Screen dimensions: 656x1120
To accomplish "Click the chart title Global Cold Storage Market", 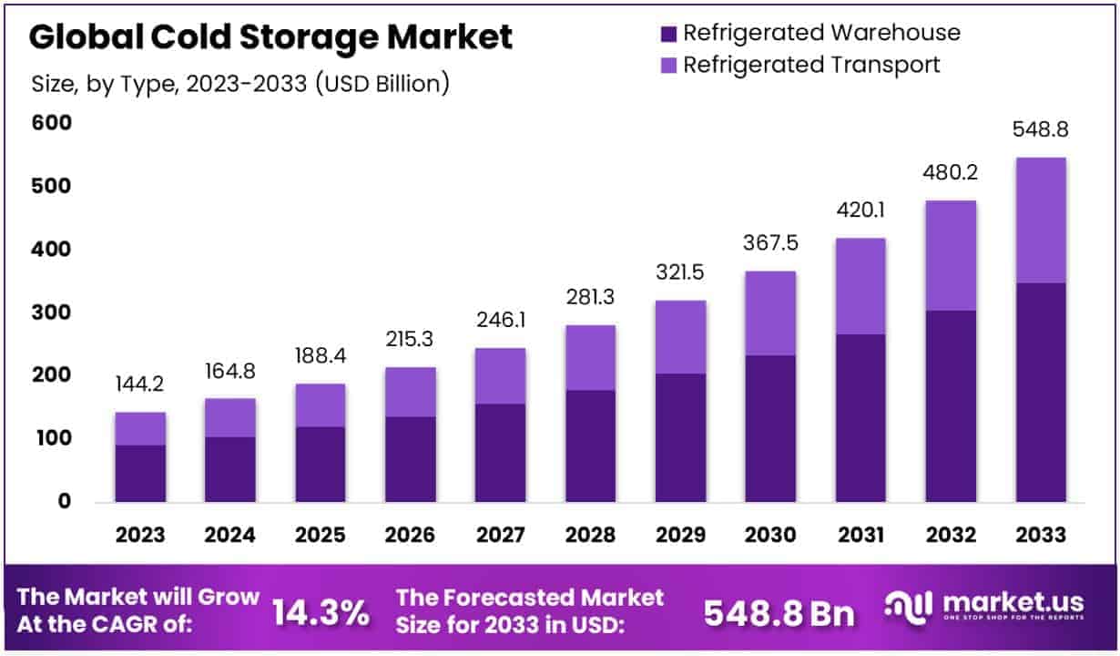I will point(270,37).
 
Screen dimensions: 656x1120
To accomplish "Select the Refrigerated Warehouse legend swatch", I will point(668,34).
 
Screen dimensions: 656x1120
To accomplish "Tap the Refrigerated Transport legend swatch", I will point(668,66).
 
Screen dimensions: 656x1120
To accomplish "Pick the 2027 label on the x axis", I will point(500,535).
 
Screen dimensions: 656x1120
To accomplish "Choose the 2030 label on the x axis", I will point(770,535).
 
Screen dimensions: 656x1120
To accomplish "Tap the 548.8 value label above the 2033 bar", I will point(1041,130).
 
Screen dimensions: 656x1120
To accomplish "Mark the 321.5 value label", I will point(680,272).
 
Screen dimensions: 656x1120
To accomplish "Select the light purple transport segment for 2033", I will point(1041,220).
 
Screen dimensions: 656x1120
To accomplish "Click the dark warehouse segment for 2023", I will point(140,473).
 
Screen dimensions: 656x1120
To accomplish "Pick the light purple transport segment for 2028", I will point(590,357).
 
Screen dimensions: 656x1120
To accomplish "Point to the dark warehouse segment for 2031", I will point(860,417).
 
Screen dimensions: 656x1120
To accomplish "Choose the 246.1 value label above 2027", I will point(500,321).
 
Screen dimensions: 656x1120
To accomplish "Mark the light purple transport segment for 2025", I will point(320,405).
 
